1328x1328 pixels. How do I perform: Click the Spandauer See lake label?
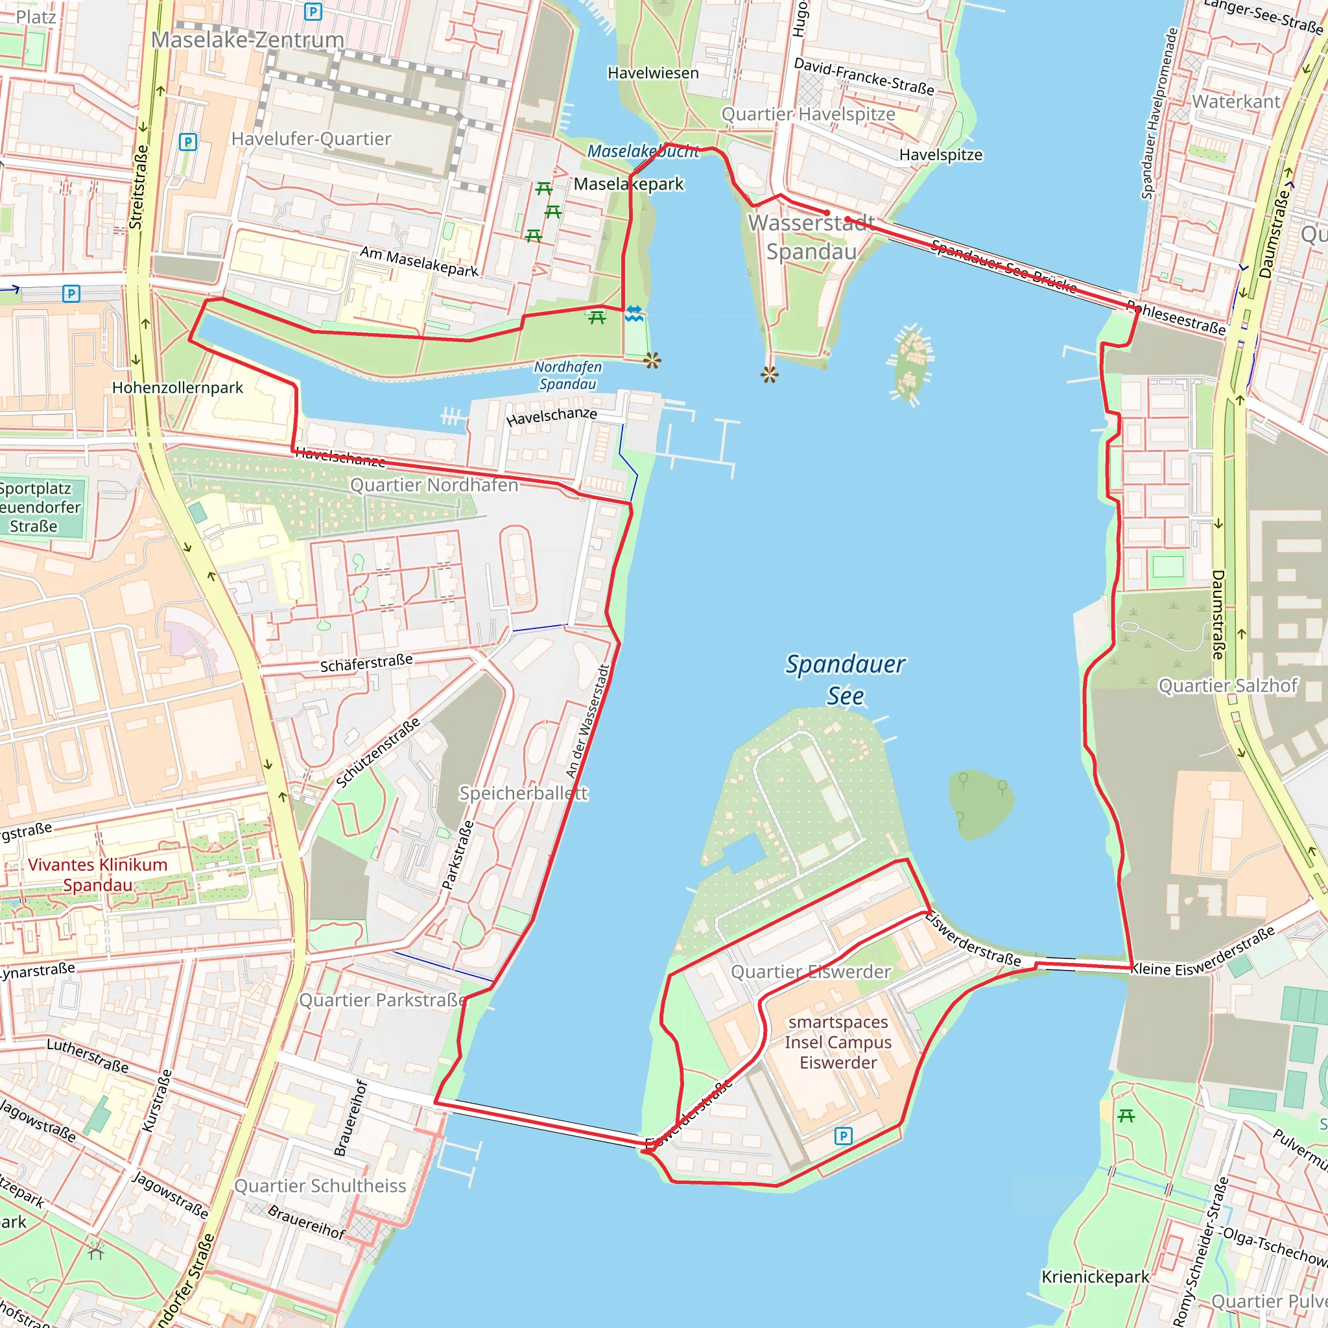click(x=845, y=679)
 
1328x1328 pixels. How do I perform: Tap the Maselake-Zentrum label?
click(x=248, y=40)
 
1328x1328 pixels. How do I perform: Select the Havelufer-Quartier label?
click(x=311, y=139)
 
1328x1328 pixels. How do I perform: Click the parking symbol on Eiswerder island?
click(x=843, y=1135)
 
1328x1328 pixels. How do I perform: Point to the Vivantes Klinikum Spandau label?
click(x=98, y=874)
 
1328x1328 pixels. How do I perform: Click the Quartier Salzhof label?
click(x=1227, y=685)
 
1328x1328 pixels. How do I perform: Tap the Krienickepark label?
click(x=1095, y=1276)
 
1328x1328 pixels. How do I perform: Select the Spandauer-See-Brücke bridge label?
click(x=1004, y=265)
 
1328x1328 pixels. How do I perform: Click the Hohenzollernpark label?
click(x=177, y=388)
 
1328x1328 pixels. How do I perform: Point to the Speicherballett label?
click(x=523, y=793)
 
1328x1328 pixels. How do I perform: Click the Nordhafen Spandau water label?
click(x=568, y=375)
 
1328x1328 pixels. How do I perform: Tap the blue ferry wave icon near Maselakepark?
click(x=634, y=313)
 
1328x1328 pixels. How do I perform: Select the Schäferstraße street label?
click(x=366, y=663)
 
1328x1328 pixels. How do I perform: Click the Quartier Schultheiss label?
click(x=320, y=1186)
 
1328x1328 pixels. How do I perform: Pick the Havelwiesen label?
click(x=653, y=73)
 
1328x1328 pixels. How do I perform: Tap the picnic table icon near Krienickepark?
click(x=1126, y=1115)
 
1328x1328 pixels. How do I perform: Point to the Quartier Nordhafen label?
click(x=434, y=484)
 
